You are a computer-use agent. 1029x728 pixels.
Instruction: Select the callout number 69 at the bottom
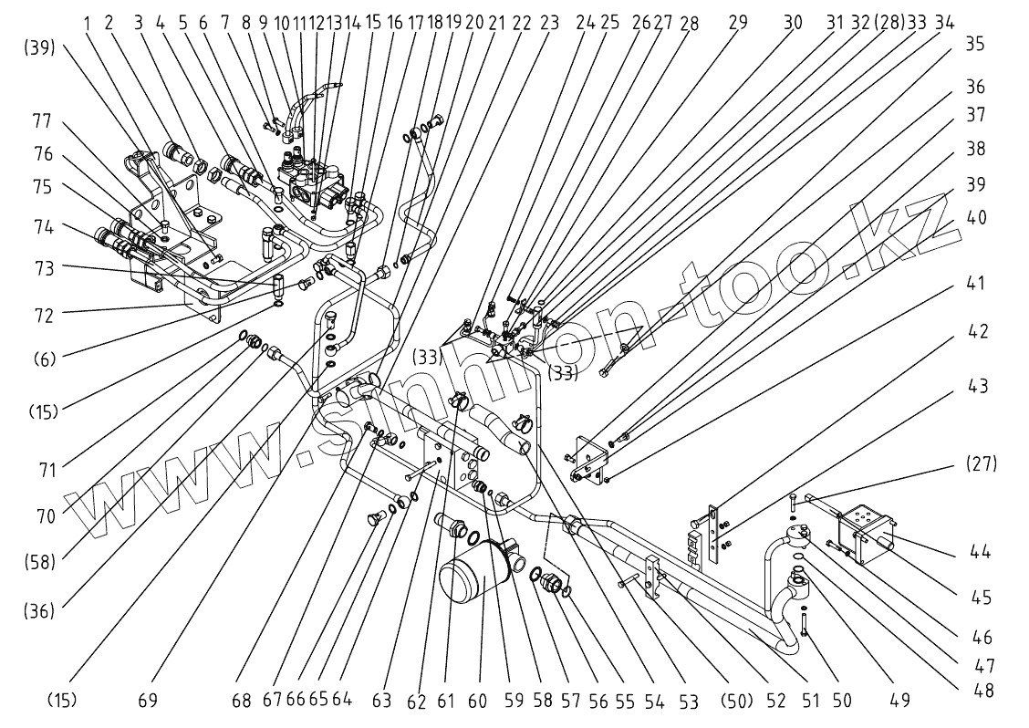[x=148, y=701]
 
